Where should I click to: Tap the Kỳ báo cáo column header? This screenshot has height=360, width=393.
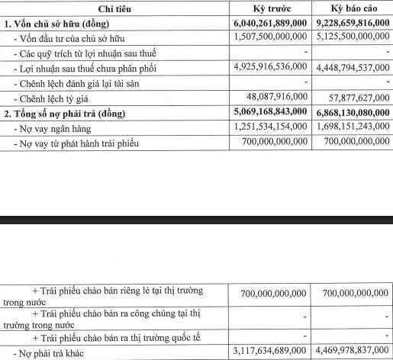coord(351,8)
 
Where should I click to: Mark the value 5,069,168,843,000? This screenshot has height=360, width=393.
coord(267,113)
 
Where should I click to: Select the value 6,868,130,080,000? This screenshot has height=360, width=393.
coord(350,113)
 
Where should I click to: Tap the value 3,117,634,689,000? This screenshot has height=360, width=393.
coord(267,352)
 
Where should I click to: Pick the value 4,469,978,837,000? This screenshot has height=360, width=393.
coord(350,352)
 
